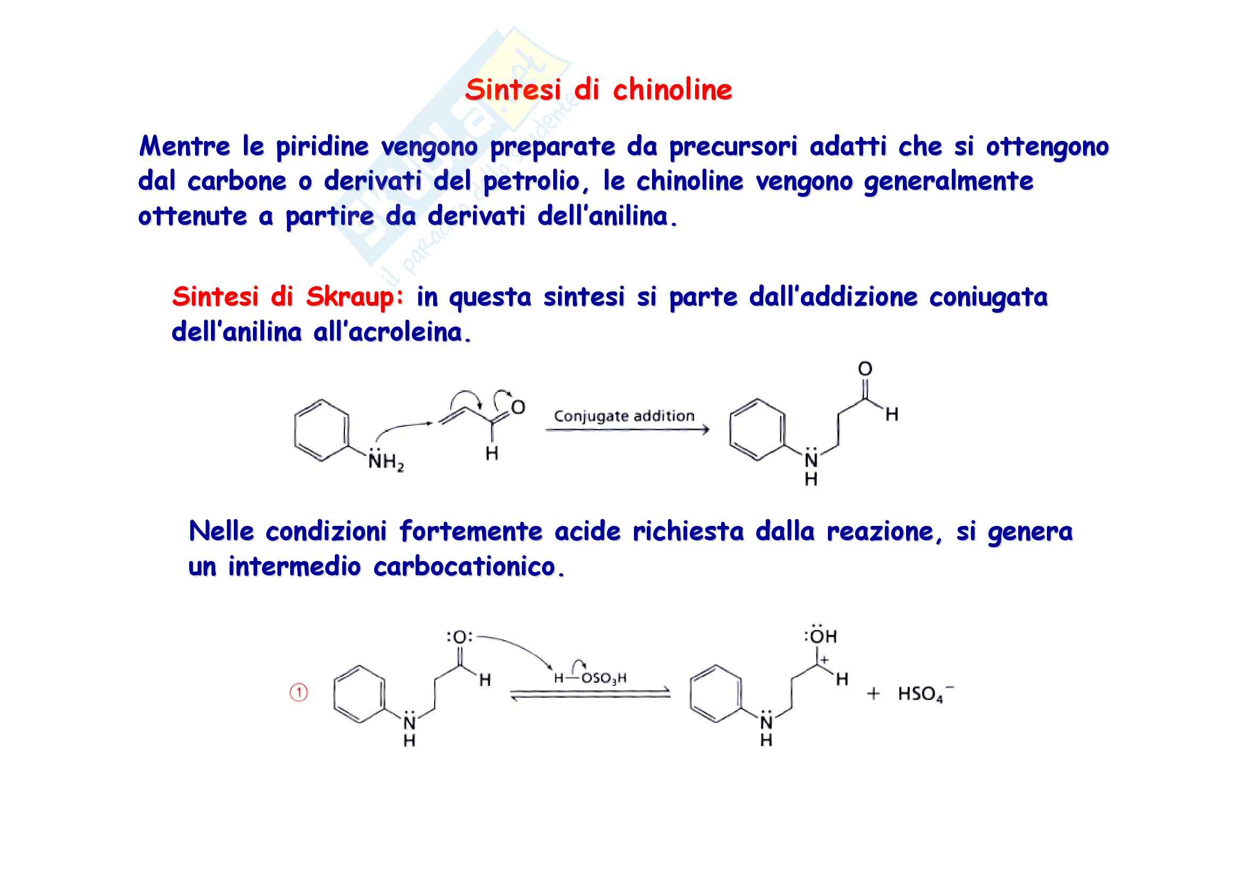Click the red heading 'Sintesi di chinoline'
tap(598, 90)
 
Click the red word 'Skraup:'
tap(355, 297)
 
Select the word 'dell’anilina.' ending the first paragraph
tap(607, 216)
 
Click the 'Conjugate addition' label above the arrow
tap(624, 416)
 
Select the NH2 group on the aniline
tap(385, 462)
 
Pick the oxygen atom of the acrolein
tap(518, 407)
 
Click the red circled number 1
tap(299, 693)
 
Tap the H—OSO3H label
tap(590, 678)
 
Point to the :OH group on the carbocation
tap(821, 636)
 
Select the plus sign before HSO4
tap(873, 694)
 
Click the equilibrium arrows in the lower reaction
tap(590, 696)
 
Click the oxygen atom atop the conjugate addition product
tap(865, 369)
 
